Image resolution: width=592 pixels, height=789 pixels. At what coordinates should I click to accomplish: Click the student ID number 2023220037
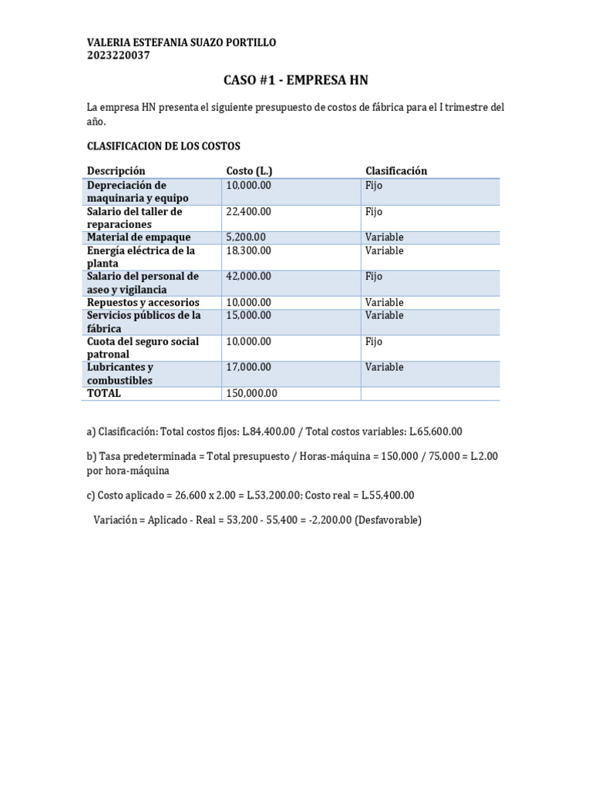click(x=119, y=55)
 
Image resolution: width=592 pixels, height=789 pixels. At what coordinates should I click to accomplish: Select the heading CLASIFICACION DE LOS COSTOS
click(x=164, y=146)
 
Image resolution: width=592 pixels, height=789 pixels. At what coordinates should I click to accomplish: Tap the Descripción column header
click(x=116, y=170)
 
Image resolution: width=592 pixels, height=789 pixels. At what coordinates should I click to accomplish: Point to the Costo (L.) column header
click(x=249, y=170)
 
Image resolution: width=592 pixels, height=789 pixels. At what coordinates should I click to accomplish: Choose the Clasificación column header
click(x=396, y=170)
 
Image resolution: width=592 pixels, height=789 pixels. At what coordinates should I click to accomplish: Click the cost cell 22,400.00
click(x=248, y=211)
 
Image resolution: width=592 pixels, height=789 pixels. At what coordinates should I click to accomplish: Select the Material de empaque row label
click(x=139, y=237)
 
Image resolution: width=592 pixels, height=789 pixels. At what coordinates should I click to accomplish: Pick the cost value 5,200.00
click(x=246, y=237)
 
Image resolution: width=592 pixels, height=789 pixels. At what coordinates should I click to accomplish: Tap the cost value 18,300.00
click(x=248, y=250)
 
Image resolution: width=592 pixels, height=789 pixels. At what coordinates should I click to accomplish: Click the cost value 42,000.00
click(x=248, y=276)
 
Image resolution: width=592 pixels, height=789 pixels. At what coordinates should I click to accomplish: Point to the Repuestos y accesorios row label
click(x=143, y=303)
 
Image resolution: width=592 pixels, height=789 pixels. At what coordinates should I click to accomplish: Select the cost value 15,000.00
click(x=248, y=315)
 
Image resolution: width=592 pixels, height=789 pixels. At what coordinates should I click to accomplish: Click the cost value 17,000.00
click(x=248, y=367)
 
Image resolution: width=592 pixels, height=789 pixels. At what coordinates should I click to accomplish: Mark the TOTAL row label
click(x=104, y=393)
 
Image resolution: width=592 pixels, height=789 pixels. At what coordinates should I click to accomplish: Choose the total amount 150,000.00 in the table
click(x=251, y=393)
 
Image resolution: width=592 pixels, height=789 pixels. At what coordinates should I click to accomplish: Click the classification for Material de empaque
click(x=385, y=237)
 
